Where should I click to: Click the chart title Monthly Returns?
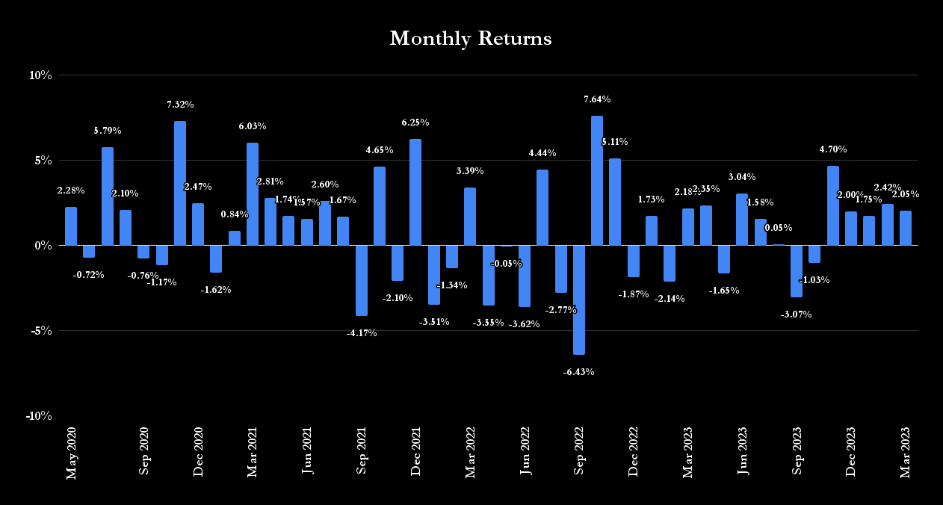[471, 39]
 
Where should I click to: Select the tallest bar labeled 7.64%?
[596, 180]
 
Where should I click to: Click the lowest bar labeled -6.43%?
[578, 300]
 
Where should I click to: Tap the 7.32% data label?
[180, 105]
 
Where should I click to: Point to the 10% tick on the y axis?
[40, 75]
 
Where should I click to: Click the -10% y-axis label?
[39, 416]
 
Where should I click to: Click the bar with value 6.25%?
[415, 192]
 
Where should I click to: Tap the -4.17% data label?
[362, 333]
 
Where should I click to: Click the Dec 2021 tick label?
[415, 451]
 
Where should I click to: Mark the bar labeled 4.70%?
[832, 205]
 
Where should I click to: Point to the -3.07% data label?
[796, 315]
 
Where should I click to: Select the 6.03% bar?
[253, 193]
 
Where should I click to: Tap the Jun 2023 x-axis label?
[742, 450]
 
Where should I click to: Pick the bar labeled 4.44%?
[542, 208]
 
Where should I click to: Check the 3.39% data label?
[470, 171]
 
